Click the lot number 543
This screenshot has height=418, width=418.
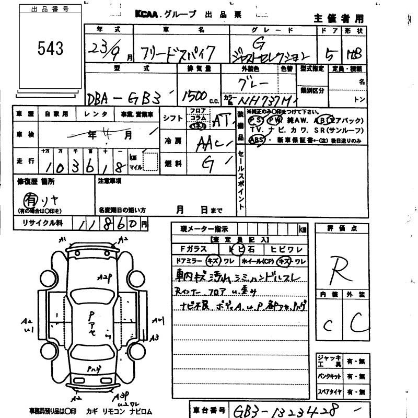tap(50, 49)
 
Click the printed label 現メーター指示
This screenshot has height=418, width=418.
tap(200, 229)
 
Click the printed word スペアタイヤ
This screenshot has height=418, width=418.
tap(331, 390)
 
